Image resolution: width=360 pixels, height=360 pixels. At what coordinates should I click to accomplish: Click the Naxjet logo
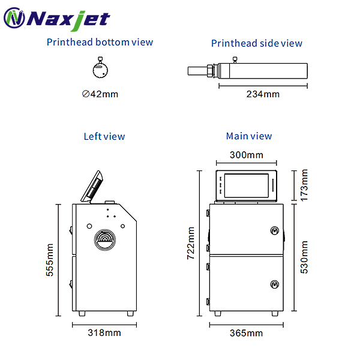coord(57,19)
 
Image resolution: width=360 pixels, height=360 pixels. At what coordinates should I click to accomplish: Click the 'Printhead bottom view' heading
coord(100,42)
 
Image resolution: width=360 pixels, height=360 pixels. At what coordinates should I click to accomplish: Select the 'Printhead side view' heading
coord(257,43)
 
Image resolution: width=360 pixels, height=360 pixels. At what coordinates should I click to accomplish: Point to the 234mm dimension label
coord(263,94)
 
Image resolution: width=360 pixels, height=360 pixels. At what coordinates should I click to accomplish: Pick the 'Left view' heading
coord(104,136)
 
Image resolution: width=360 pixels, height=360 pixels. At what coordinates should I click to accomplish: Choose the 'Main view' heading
coord(249,136)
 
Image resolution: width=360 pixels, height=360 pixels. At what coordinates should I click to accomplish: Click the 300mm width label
coord(247,155)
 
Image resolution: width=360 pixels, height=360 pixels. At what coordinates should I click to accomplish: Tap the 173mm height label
coord(304,185)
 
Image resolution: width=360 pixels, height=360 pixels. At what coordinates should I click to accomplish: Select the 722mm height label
coord(191,242)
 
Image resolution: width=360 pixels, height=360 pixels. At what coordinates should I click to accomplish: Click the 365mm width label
coord(247,333)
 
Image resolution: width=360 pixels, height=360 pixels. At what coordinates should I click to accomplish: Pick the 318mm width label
coord(104,332)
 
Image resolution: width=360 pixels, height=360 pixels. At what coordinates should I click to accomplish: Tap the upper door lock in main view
coord(274,230)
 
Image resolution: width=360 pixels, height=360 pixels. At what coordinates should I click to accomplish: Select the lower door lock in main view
coord(274,284)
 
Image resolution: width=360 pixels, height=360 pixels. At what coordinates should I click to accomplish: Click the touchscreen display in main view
coord(247,185)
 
